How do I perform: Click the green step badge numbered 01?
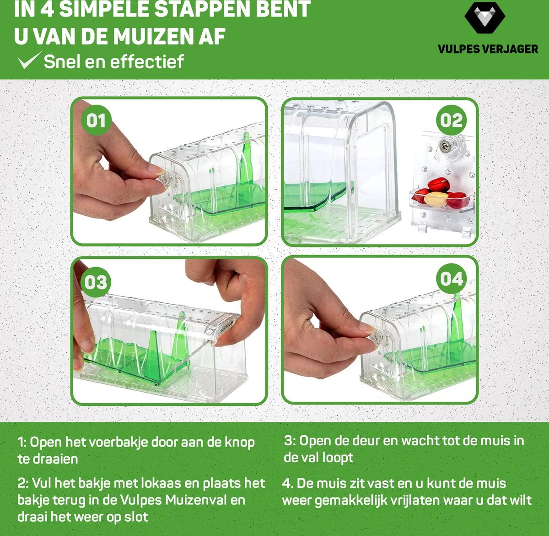[x=96, y=120]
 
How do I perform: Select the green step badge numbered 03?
[x=96, y=282]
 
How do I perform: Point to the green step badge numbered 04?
[x=452, y=279]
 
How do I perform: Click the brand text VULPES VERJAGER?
[x=488, y=49]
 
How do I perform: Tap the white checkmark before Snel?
[x=28, y=60]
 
